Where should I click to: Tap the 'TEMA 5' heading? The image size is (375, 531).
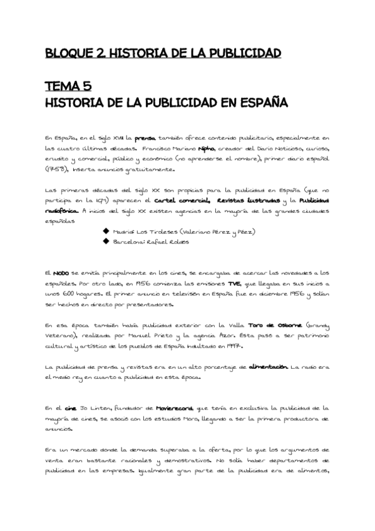tap(72, 86)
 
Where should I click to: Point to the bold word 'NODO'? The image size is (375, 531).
tap(61, 274)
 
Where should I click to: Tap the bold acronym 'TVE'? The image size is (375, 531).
tap(235, 284)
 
